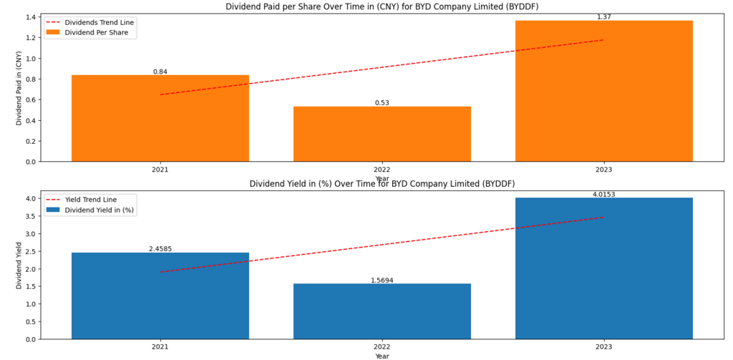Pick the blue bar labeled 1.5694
[x=382, y=311]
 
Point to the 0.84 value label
[x=160, y=72]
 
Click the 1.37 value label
[x=604, y=16]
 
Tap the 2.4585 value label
[x=160, y=249]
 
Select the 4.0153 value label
[x=604, y=194]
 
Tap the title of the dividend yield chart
[x=382, y=184]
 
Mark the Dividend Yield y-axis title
[x=19, y=265]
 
